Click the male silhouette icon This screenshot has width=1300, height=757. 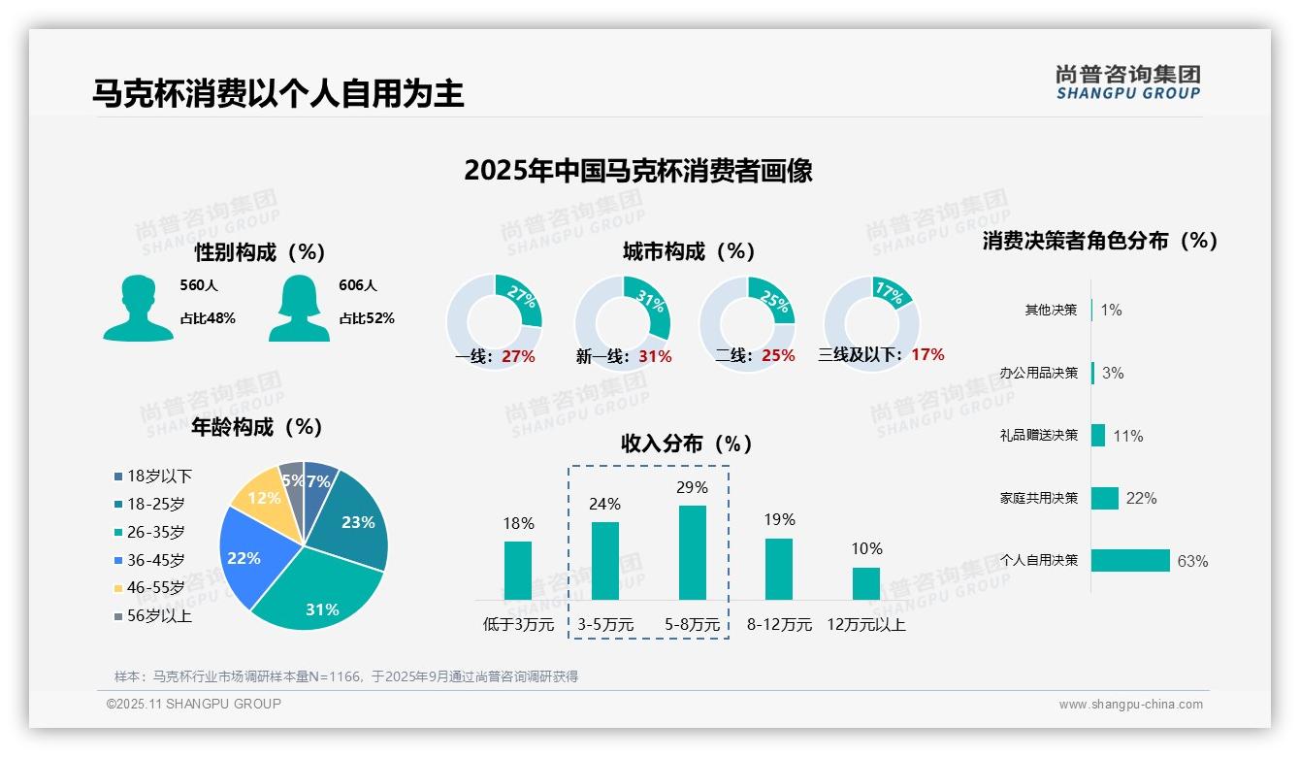[x=138, y=309]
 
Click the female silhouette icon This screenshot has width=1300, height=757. [x=299, y=309]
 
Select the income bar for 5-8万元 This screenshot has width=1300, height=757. [x=692, y=552]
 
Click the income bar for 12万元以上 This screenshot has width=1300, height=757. [x=865, y=583]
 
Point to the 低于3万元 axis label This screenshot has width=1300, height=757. [x=518, y=625]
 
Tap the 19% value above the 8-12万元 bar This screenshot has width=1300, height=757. [x=779, y=520]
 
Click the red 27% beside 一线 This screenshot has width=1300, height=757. [x=518, y=356]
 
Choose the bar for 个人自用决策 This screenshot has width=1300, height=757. [x=1130, y=561]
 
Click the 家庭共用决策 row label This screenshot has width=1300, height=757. [x=1039, y=498]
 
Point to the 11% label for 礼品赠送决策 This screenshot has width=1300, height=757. [x=1127, y=436]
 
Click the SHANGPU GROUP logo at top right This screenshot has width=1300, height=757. [x=1127, y=82]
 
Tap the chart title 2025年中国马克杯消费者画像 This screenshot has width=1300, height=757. [x=637, y=171]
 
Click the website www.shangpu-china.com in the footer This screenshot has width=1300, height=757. [x=1130, y=705]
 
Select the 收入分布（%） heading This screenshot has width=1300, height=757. [x=687, y=444]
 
